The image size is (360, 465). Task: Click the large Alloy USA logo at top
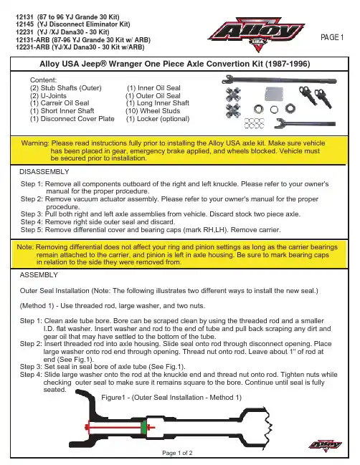257,34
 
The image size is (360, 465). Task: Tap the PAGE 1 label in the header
332,37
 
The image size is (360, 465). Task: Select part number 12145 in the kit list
24,24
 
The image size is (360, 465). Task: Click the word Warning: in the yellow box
35,143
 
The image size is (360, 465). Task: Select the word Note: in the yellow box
25,247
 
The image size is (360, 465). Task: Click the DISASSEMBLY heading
44,172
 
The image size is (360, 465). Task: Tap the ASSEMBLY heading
39,275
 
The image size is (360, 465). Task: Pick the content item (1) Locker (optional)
158,119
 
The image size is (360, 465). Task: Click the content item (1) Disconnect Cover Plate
72,119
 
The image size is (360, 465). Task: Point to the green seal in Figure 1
144,427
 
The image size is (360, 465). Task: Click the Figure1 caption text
171,398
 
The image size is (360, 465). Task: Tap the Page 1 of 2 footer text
177,453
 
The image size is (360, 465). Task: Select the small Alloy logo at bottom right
326,445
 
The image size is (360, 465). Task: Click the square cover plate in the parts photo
274,94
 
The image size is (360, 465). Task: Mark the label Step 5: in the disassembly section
32,230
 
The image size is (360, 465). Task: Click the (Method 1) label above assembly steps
37,306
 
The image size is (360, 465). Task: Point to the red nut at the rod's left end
87,427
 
